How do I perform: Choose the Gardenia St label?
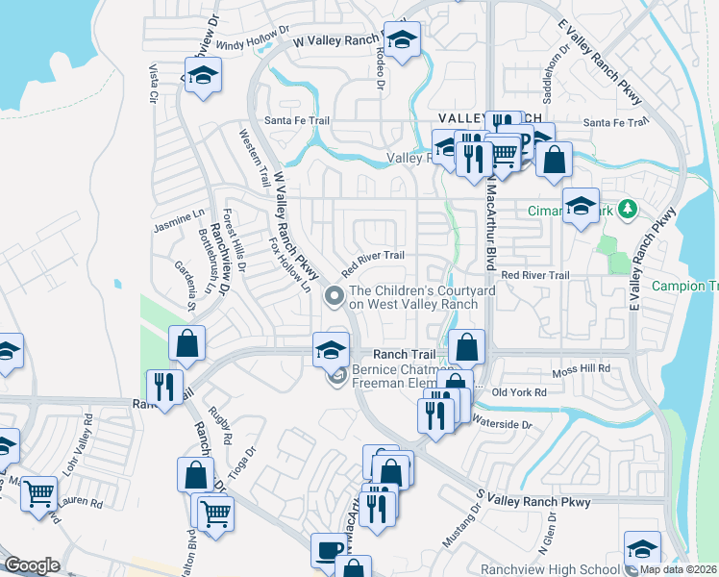click(x=184, y=280)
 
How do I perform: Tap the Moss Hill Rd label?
click(x=583, y=369)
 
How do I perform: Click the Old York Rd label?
click(x=519, y=392)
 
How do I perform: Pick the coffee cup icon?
click(x=329, y=550)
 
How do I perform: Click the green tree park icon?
click(x=628, y=208)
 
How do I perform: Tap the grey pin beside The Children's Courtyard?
click(x=335, y=296)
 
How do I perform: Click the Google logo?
click(x=32, y=565)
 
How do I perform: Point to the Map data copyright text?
click(x=678, y=569)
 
